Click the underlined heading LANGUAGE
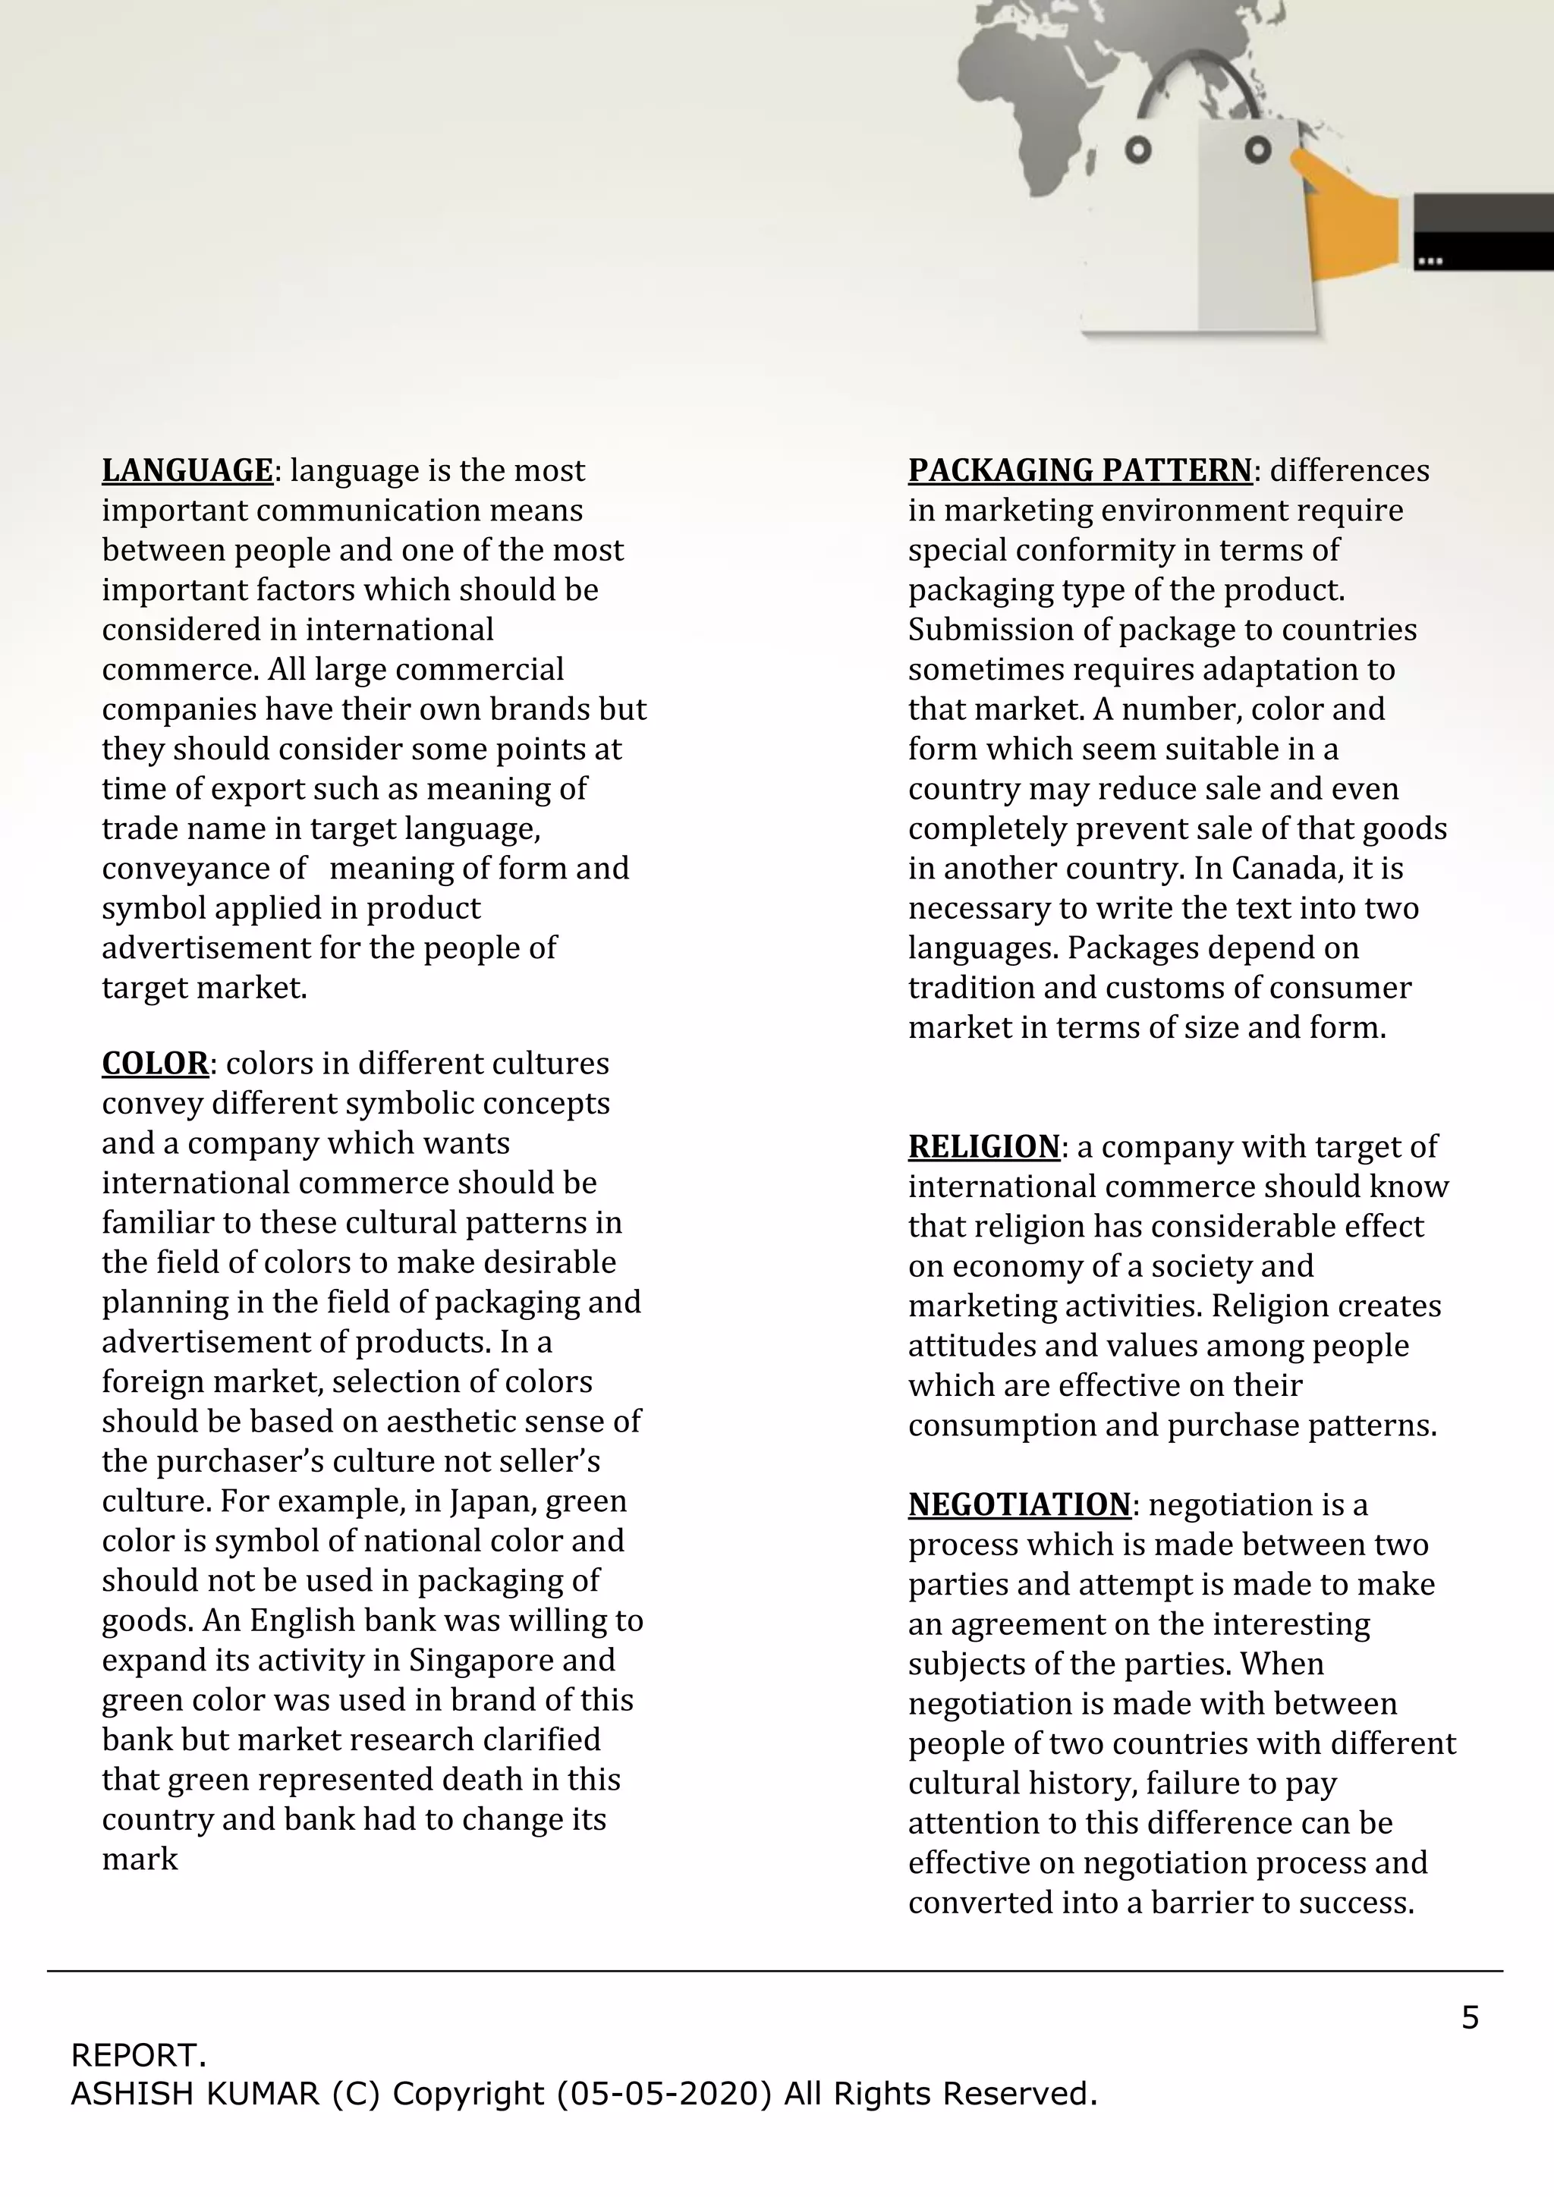(x=187, y=471)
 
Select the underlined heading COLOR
(x=155, y=1063)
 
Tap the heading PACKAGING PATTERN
(x=1081, y=471)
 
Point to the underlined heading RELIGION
(x=983, y=1146)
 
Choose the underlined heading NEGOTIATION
(x=1019, y=1504)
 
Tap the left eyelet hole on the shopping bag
(x=1137, y=150)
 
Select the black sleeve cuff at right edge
(x=1481, y=231)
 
